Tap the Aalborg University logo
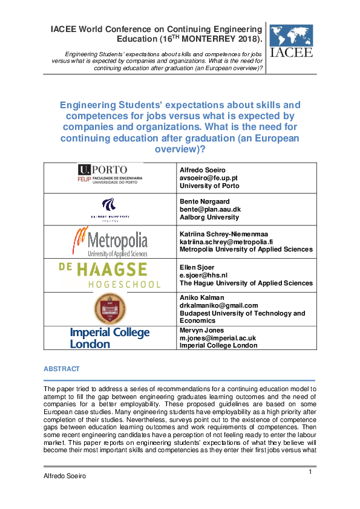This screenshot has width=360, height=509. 110,209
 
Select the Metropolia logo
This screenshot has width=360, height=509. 110,241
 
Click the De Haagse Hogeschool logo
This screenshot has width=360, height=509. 110,275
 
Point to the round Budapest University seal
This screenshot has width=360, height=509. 110,309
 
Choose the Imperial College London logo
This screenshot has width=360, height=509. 110,338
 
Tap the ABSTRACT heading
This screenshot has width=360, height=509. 61,369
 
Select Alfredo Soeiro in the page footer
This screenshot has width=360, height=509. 65,476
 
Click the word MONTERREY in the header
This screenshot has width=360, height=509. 217,39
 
